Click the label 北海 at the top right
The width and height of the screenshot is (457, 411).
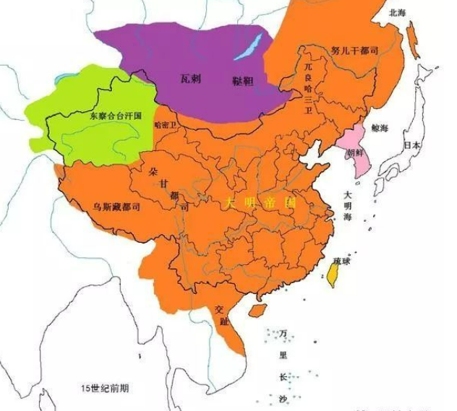click(397, 12)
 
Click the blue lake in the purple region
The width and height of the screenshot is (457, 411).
click(249, 48)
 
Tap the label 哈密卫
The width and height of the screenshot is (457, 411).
click(166, 124)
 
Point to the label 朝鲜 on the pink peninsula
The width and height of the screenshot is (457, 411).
click(356, 153)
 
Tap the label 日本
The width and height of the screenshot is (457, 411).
click(411, 144)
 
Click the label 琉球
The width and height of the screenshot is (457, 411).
click(341, 259)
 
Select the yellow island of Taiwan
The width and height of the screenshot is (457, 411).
click(333, 275)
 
